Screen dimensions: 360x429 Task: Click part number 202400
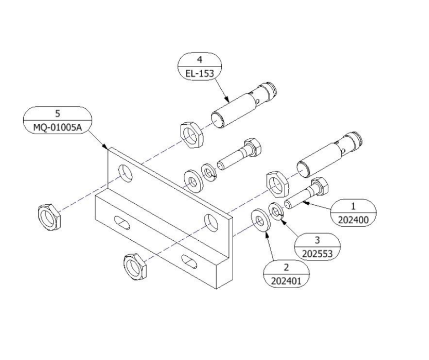353,219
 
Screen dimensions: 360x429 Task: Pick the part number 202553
318,253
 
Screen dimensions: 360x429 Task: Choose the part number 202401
286,281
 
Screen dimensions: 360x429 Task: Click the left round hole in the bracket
125,173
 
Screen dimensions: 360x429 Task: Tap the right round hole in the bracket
211,221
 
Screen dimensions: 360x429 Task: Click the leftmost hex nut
49,215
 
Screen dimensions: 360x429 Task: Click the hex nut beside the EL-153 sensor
188,133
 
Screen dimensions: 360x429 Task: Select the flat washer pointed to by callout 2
260,221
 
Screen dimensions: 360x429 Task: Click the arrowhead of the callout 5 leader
106,148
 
